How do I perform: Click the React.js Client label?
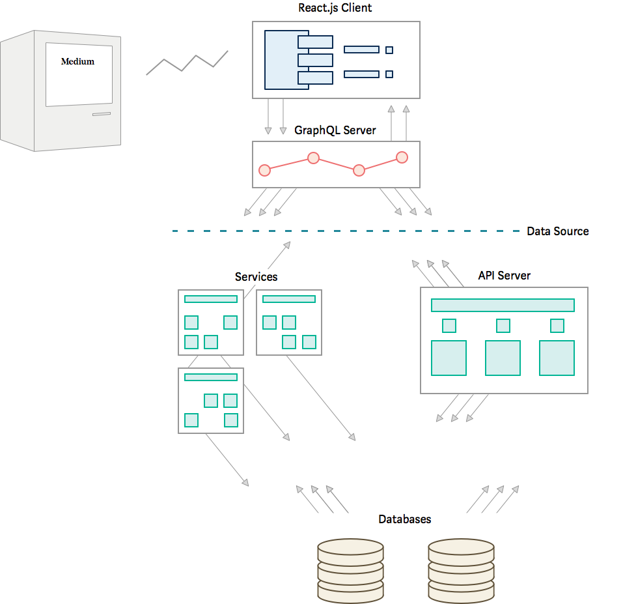click(335, 8)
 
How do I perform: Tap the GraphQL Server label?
click(335, 130)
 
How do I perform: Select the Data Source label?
click(558, 231)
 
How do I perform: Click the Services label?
click(256, 277)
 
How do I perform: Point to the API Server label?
click(505, 276)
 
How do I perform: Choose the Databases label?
click(404, 519)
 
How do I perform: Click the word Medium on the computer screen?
click(78, 61)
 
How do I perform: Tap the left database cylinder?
click(350, 571)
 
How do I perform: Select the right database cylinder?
click(461, 571)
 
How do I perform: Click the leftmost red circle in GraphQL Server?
click(264, 170)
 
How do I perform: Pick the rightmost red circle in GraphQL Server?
click(402, 158)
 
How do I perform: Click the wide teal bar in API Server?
click(503, 306)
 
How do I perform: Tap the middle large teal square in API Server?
click(503, 358)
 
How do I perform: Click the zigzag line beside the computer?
click(187, 63)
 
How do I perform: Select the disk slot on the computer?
click(102, 114)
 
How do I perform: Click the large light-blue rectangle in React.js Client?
click(281, 60)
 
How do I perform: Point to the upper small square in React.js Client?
click(389, 50)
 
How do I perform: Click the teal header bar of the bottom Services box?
click(210, 377)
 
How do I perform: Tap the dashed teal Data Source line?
click(346, 231)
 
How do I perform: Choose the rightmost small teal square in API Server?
click(557, 326)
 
